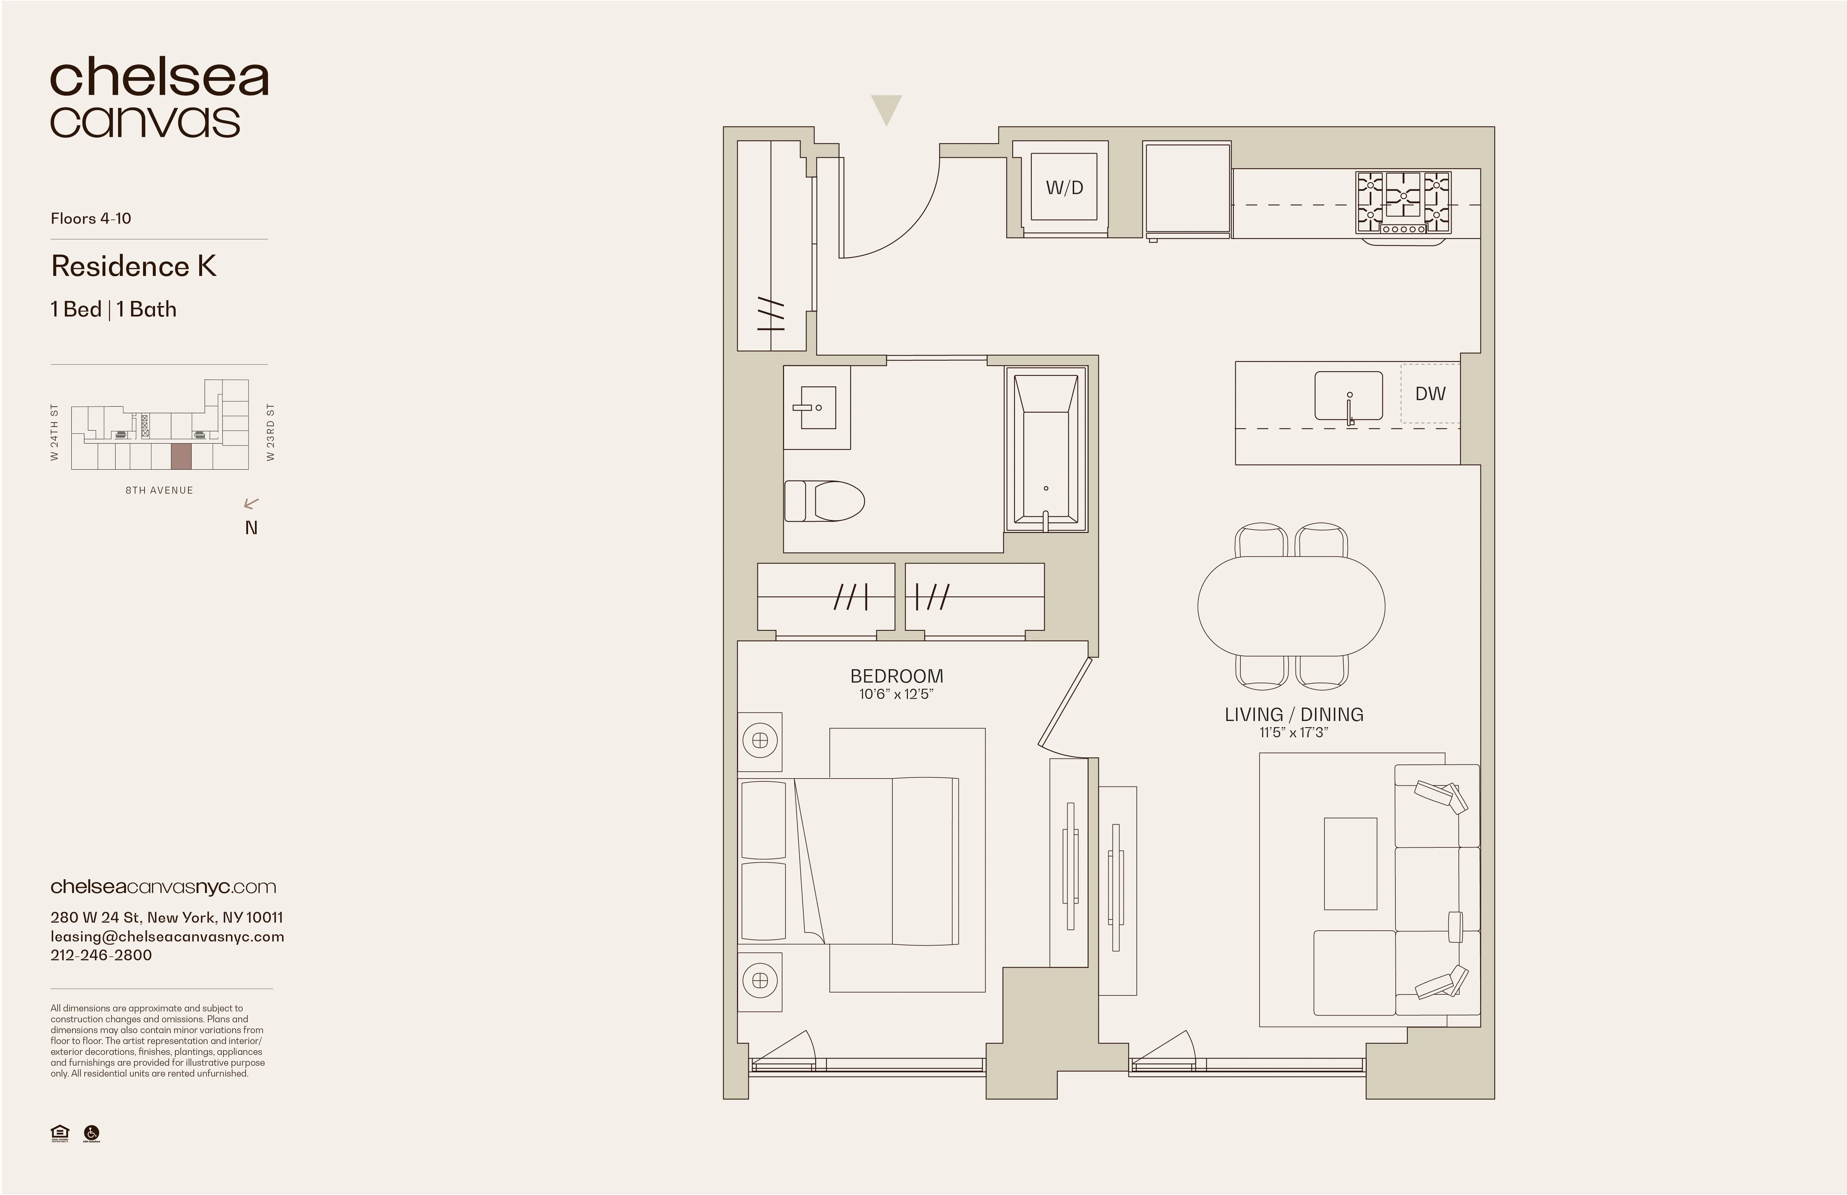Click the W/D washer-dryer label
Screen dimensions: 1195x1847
pos(1064,188)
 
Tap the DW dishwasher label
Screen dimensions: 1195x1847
pos(1430,394)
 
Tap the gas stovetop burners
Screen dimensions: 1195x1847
pos(1403,202)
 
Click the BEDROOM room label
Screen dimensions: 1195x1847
pos(896,676)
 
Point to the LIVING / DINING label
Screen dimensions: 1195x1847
pos(1294,715)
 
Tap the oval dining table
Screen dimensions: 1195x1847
pos(1291,605)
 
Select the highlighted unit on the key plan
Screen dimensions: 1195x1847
pos(181,457)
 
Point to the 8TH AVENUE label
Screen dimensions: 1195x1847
pos(159,490)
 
